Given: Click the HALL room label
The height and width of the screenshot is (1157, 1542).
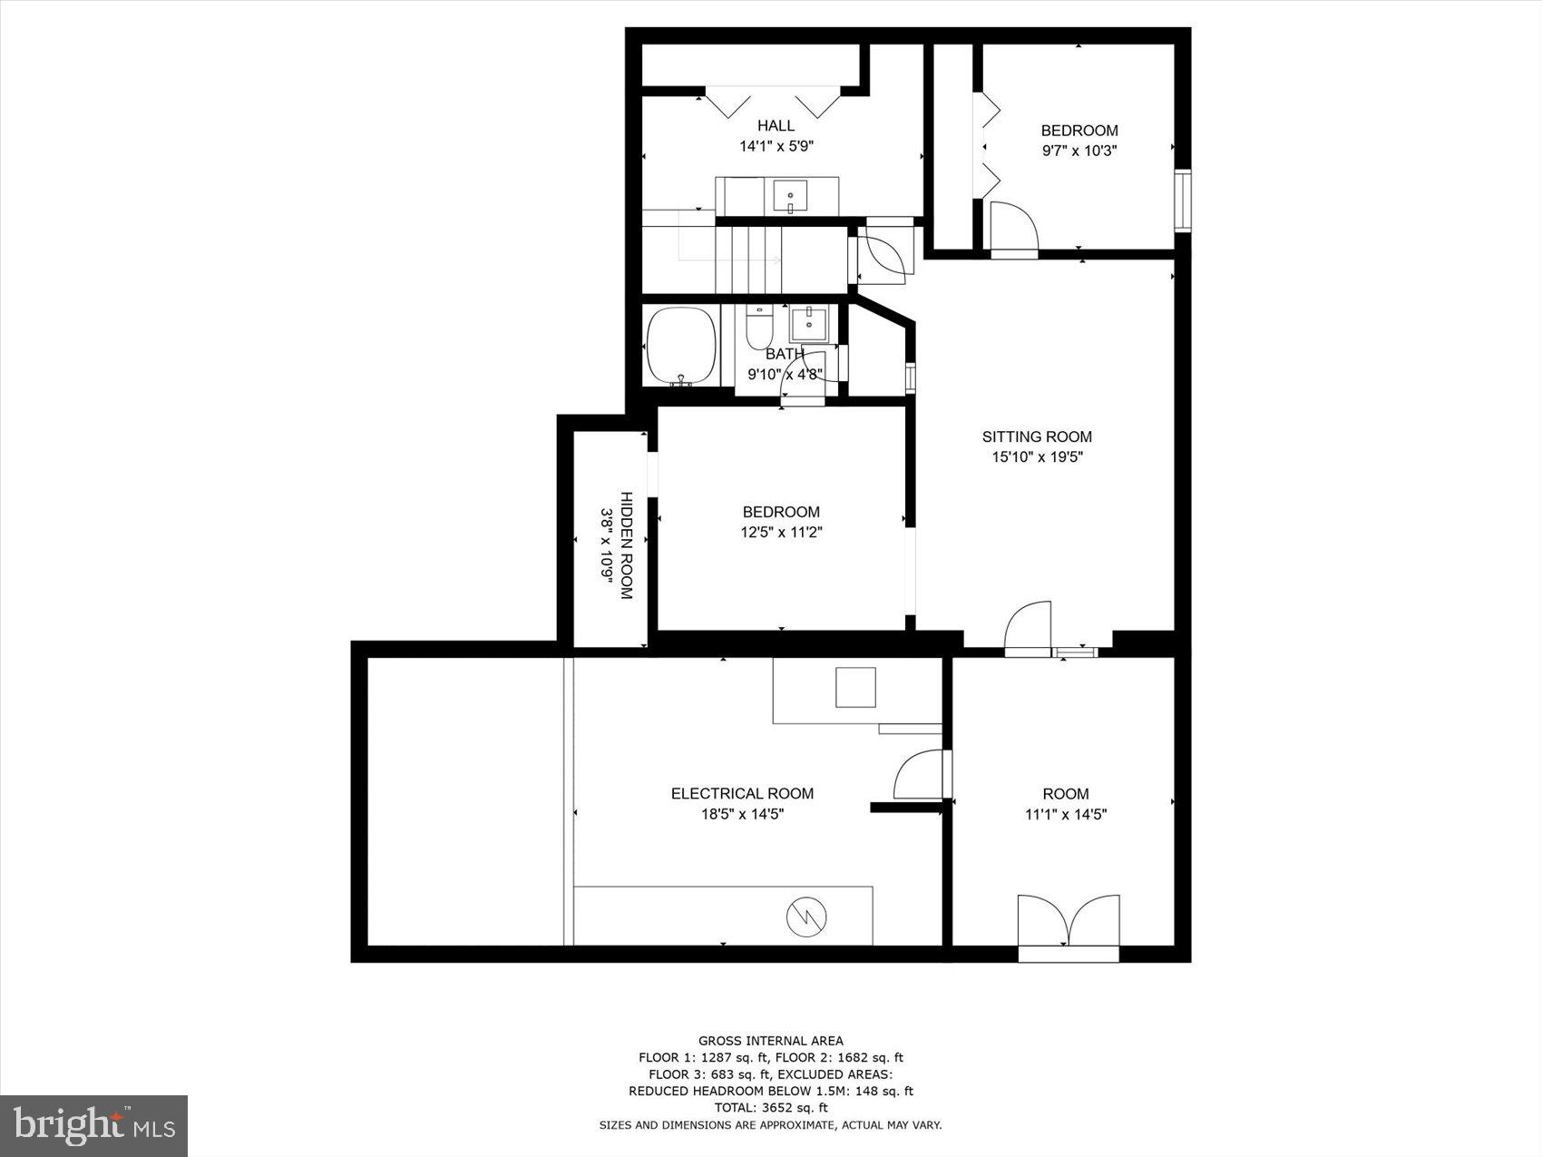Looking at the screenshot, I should tap(776, 125).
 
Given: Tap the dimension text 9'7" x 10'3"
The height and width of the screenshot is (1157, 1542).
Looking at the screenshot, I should tap(1078, 151).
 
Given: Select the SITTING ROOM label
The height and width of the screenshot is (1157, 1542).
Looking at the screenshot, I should tap(1037, 436).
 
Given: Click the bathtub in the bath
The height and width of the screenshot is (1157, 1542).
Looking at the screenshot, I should tap(680, 347).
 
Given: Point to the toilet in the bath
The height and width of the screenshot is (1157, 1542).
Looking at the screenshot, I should tap(758, 329).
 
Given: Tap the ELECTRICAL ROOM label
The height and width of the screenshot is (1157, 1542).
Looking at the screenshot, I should tap(742, 793).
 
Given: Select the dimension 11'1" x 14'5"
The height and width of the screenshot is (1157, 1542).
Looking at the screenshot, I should tap(1066, 814).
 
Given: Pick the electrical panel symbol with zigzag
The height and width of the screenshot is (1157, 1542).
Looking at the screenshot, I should tap(804, 917).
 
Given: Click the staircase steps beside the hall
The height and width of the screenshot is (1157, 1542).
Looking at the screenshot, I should tap(748, 260).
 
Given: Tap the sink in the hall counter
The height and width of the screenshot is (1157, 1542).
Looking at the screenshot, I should tap(790, 194).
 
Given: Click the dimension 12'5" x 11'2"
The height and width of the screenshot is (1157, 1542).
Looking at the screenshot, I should tap(780, 533).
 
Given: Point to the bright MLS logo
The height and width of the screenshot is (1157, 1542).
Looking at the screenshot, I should tap(94, 1125).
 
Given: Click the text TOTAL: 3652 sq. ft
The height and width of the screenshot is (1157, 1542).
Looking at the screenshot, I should tap(770, 1107).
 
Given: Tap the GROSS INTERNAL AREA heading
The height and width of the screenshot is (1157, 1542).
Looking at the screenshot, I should tap(770, 1041).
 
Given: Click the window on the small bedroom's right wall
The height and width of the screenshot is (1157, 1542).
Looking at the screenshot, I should tap(1183, 201).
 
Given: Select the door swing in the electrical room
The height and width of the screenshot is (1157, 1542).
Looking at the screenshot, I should tap(918, 776).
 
